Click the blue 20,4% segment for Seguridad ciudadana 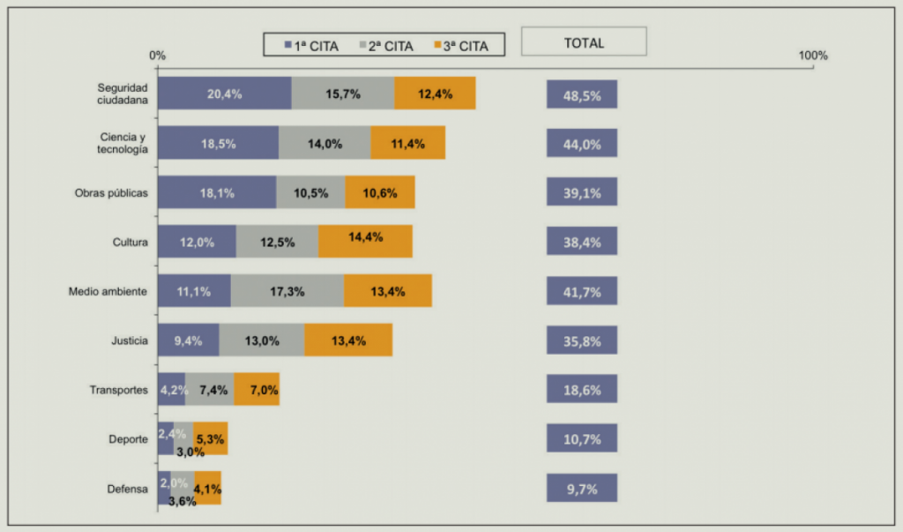224,94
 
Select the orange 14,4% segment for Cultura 365,242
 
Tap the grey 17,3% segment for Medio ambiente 287,291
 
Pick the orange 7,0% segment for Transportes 257,389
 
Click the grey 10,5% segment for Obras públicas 310,192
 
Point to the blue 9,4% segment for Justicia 188,341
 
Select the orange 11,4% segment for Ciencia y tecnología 407,143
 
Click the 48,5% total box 581,94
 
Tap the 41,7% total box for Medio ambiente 581,291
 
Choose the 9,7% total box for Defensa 581,488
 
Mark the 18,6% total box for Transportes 581,389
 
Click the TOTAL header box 584,41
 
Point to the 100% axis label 813,56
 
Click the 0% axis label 158,56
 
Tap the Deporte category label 128,439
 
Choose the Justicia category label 130,341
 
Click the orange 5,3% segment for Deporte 211,438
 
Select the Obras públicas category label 111,192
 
